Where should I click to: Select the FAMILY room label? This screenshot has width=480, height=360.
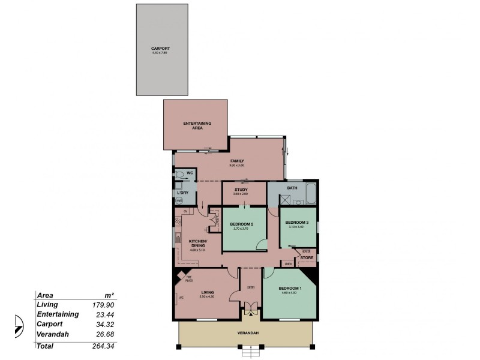(236, 161)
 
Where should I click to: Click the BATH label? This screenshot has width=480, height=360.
(292, 188)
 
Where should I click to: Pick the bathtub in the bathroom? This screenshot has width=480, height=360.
(310, 194)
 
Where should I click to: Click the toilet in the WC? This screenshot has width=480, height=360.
(179, 173)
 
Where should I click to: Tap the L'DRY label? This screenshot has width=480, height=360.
(184, 192)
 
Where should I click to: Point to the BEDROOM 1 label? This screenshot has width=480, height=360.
(290, 288)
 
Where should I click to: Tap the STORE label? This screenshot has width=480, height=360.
(307, 257)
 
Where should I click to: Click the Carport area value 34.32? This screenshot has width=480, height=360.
(105, 325)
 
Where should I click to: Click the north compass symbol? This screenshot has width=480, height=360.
(17, 326)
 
